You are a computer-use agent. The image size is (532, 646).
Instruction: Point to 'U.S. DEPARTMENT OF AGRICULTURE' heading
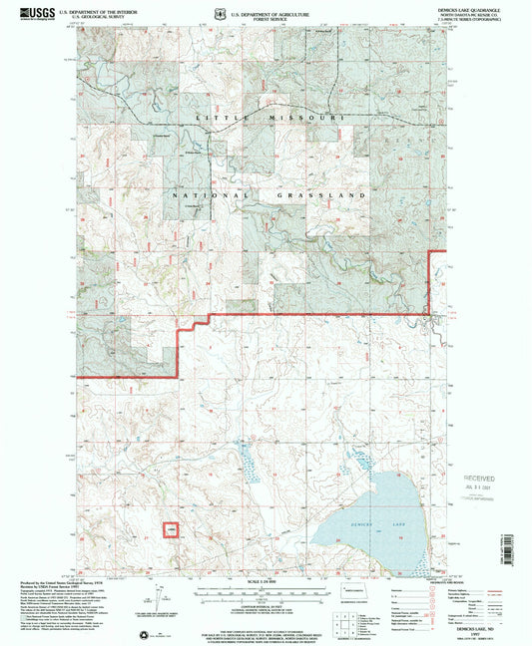[x=266, y=7]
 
